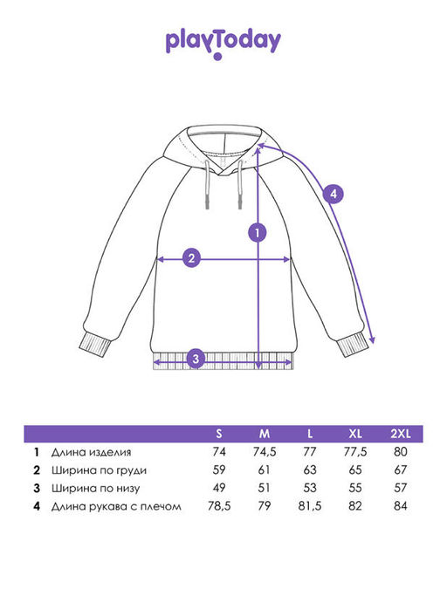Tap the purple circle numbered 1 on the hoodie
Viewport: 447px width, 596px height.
258,233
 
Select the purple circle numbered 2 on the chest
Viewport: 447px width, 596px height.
192,258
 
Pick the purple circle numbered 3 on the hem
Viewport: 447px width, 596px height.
196,359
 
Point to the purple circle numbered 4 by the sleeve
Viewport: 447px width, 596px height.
334,194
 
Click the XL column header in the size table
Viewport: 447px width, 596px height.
355,434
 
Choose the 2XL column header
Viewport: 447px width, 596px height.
401,434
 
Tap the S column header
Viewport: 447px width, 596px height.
219,434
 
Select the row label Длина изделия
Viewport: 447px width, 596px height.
92,452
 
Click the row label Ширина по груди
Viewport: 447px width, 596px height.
99,470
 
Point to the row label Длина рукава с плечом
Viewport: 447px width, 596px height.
116,506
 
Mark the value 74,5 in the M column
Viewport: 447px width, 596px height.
265,452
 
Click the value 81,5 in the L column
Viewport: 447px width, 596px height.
310,506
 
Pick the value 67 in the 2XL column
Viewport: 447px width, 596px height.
401,469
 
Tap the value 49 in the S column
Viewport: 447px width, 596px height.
219,488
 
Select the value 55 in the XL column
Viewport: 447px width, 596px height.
355,488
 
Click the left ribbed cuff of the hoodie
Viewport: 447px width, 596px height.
95,345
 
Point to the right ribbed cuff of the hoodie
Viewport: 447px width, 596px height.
353,346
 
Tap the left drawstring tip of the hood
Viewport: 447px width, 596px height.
207,203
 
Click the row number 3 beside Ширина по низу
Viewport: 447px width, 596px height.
37,488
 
